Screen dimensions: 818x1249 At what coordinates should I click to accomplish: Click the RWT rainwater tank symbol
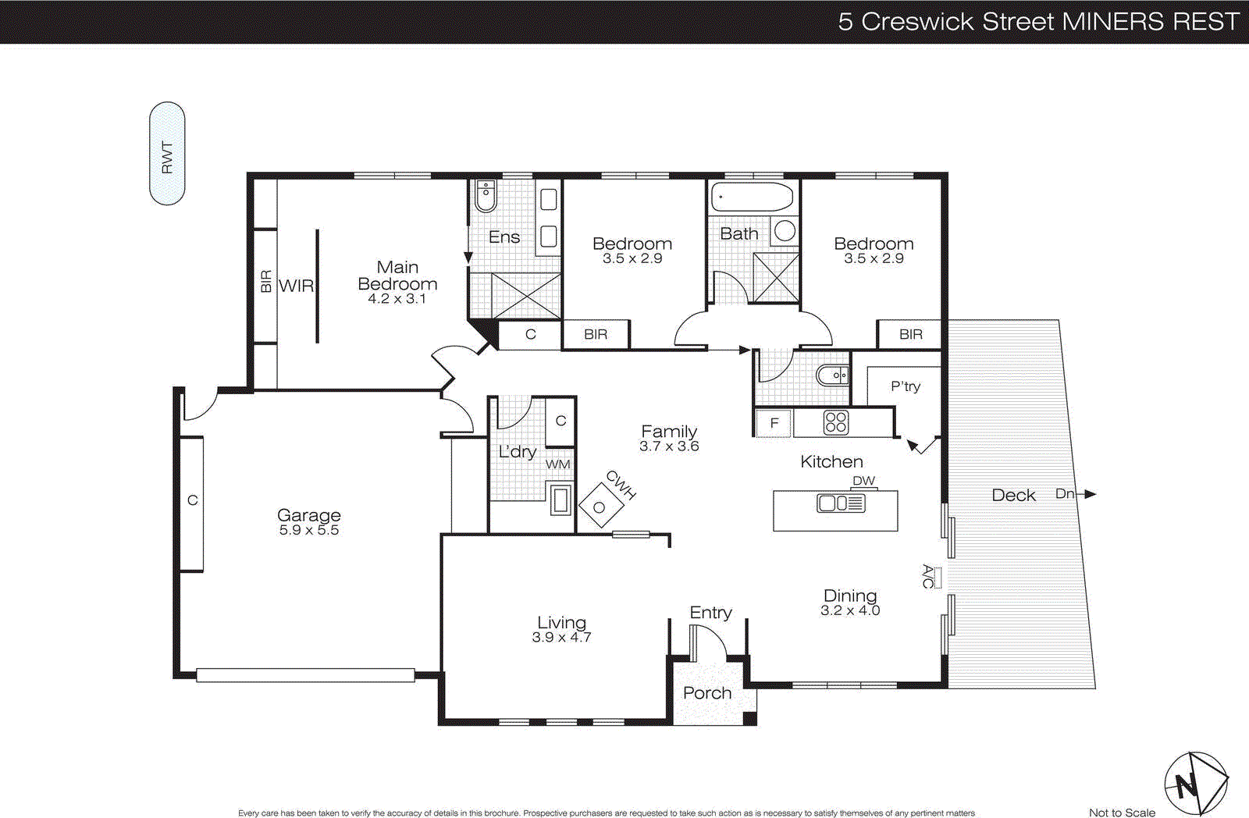tap(167, 154)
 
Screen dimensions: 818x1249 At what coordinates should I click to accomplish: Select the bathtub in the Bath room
tap(753, 197)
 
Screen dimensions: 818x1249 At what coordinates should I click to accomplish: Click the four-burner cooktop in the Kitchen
tap(835, 422)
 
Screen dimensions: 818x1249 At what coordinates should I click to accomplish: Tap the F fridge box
tap(774, 423)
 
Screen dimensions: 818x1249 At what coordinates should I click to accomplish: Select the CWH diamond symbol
tap(600, 507)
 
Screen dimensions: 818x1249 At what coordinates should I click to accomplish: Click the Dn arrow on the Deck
tap(1088, 494)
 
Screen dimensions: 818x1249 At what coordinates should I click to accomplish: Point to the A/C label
tap(928, 577)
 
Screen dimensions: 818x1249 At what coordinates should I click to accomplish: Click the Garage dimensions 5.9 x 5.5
tap(309, 530)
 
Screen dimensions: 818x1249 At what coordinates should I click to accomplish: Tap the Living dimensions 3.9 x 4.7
tap(561, 637)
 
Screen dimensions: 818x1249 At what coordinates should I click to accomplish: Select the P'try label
tap(906, 386)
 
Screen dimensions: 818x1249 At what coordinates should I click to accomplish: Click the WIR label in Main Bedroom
tap(296, 286)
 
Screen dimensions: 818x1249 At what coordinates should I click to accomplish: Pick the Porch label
tap(707, 693)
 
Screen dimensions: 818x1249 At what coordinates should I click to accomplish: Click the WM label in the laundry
tap(557, 464)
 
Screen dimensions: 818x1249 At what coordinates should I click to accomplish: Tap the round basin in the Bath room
tap(785, 230)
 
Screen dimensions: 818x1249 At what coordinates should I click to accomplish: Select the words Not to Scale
tap(1122, 813)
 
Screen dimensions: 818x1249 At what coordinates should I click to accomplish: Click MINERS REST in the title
tap(1151, 21)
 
